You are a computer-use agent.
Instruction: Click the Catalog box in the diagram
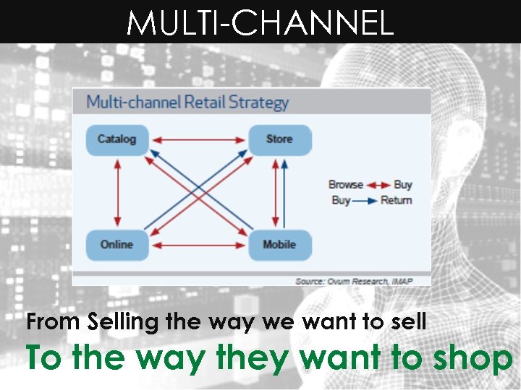click(117, 139)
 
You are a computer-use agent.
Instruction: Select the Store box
click(279, 139)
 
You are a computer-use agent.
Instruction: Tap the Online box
click(117, 245)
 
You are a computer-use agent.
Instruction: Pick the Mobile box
click(279, 245)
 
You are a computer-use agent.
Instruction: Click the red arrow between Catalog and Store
click(198, 139)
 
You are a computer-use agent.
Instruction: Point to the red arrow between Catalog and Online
click(117, 192)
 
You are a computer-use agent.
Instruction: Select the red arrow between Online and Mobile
click(198, 245)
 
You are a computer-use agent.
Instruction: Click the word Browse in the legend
click(345, 185)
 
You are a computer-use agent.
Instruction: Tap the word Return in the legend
click(396, 200)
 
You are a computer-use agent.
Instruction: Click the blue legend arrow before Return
click(365, 200)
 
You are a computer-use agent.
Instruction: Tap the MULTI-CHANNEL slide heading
click(260, 23)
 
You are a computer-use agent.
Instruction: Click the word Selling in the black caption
click(124, 322)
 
